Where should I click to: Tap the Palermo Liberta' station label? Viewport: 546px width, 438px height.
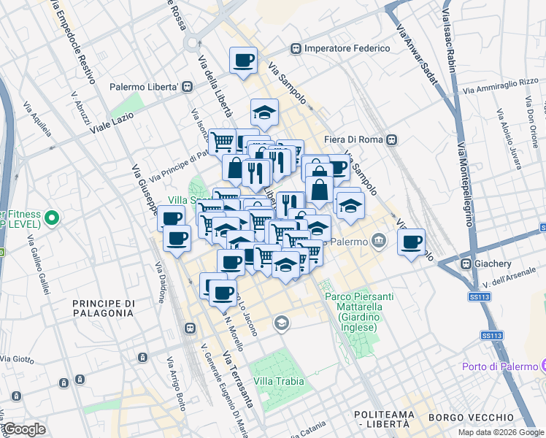(145, 87)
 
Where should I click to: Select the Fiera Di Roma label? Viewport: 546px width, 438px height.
(355, 139)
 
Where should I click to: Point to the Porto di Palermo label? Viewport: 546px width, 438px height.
(499, 366)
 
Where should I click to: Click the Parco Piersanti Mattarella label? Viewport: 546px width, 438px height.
(358, 312)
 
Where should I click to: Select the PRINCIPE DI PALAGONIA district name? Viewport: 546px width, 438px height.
(103, 307)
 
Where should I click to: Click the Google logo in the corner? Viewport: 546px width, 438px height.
(23, 429)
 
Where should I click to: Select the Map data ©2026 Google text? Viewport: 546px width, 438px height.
(500, 432)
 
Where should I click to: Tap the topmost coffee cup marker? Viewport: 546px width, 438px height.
(244, 60)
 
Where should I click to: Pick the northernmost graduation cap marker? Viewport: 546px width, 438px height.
(264, 112)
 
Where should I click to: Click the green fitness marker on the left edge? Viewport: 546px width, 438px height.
(51, 218)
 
